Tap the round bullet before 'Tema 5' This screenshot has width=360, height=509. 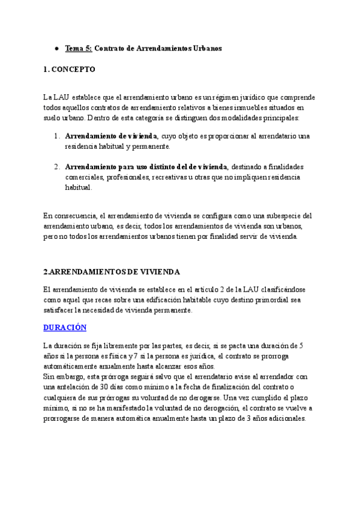(55, 48)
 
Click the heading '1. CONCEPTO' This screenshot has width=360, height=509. (70, 70)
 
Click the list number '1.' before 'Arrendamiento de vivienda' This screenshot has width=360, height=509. (56, 136)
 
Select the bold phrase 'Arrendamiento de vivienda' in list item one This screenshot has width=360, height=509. (111, 136)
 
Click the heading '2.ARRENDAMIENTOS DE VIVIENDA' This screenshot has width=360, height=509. (112, 271)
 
